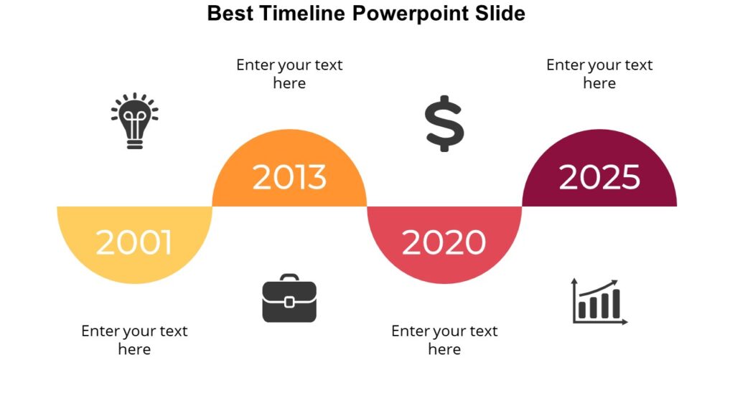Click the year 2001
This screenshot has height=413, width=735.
(x=134, y=242)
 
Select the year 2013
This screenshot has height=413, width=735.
(x=289, y=177)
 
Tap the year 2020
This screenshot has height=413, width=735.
(x=444, y=242)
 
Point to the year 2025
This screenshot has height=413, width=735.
(x=599, y=177)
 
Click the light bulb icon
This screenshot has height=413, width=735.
(x=134, y=120)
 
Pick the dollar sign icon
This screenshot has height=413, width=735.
(x=444, y=123)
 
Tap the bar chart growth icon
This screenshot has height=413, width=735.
(x=599, y=301)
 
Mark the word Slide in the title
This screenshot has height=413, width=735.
(x=503, y=13)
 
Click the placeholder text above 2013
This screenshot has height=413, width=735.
(x=289, y=74)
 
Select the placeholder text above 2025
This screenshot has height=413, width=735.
(x=599, y=74)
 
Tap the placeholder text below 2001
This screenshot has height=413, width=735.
(x=134, y=340)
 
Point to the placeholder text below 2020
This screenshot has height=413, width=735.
(x=444, y=340)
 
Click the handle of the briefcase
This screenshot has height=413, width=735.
(x=289, y=277)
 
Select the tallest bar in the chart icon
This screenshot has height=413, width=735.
(x=615, y=304)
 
